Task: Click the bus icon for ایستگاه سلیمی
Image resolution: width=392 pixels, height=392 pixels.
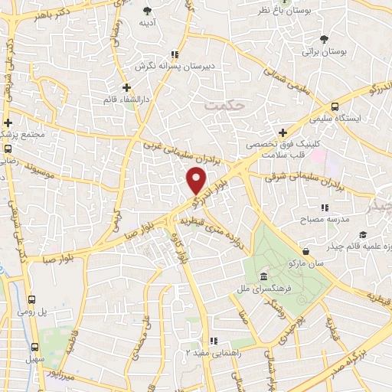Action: pos(335,107)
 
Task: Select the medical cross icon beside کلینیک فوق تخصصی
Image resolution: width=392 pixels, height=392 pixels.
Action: pos(283,132)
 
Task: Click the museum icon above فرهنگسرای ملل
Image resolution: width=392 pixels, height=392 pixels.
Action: pos(263,276)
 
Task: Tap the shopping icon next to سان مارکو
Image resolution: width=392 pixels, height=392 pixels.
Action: pos(306,251)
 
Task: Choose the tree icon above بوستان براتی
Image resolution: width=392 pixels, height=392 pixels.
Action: pos(325,39)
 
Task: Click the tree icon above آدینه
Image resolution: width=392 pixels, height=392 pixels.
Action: pos(147,11)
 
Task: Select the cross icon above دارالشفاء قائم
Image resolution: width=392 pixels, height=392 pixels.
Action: pos(126,87)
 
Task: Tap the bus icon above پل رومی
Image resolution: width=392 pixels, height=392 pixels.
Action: pos(33,300)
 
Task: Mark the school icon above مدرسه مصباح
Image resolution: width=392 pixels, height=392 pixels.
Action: pos(325,207)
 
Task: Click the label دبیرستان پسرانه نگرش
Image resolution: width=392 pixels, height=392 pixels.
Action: pos(174,67)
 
